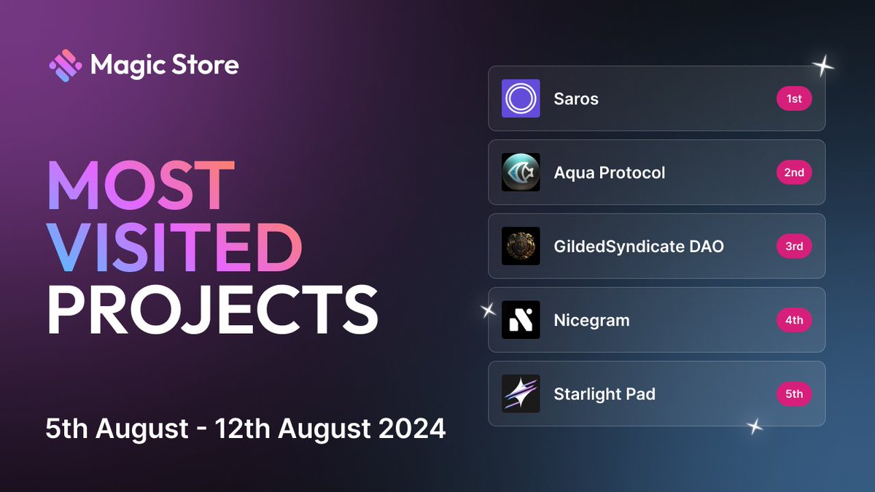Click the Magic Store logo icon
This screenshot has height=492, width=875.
tap(65, 66)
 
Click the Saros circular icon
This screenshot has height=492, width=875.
tap(521, 98)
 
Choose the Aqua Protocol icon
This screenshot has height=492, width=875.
tap(521, 172)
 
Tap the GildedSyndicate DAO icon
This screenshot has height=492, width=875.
tap(521, 246)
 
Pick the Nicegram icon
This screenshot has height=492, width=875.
tap(521, 320)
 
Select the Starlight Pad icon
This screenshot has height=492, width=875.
tap(521, 394)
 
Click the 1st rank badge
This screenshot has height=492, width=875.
tap(794, 98)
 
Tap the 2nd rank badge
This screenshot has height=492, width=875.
tap(794, 172)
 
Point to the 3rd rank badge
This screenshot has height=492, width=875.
tap(794, 246)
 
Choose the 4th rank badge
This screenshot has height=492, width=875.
tap(794, 320)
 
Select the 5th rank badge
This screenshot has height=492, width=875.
tap(794, 394)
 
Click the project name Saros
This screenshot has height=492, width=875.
tap(576, 99)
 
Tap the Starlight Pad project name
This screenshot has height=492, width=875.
tap(604, 394)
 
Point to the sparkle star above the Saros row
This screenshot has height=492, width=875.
tap(823, 67)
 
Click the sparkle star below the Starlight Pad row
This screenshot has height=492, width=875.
tap(755, 426)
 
